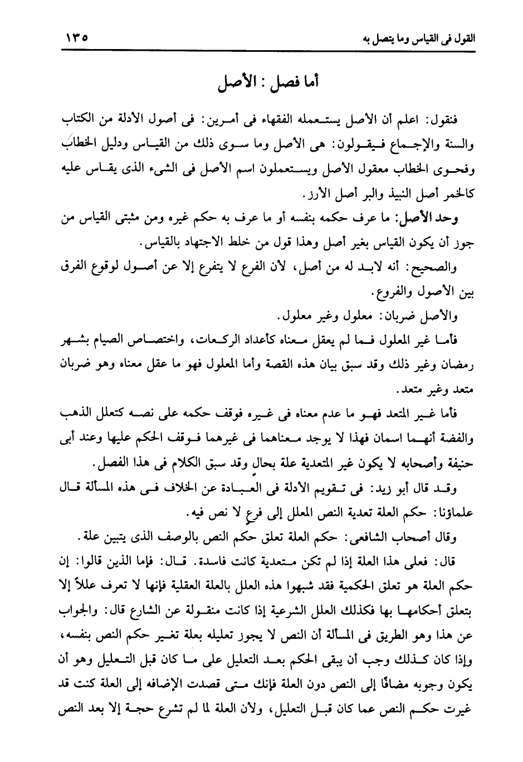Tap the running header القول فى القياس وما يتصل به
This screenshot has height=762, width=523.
[409, 40]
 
